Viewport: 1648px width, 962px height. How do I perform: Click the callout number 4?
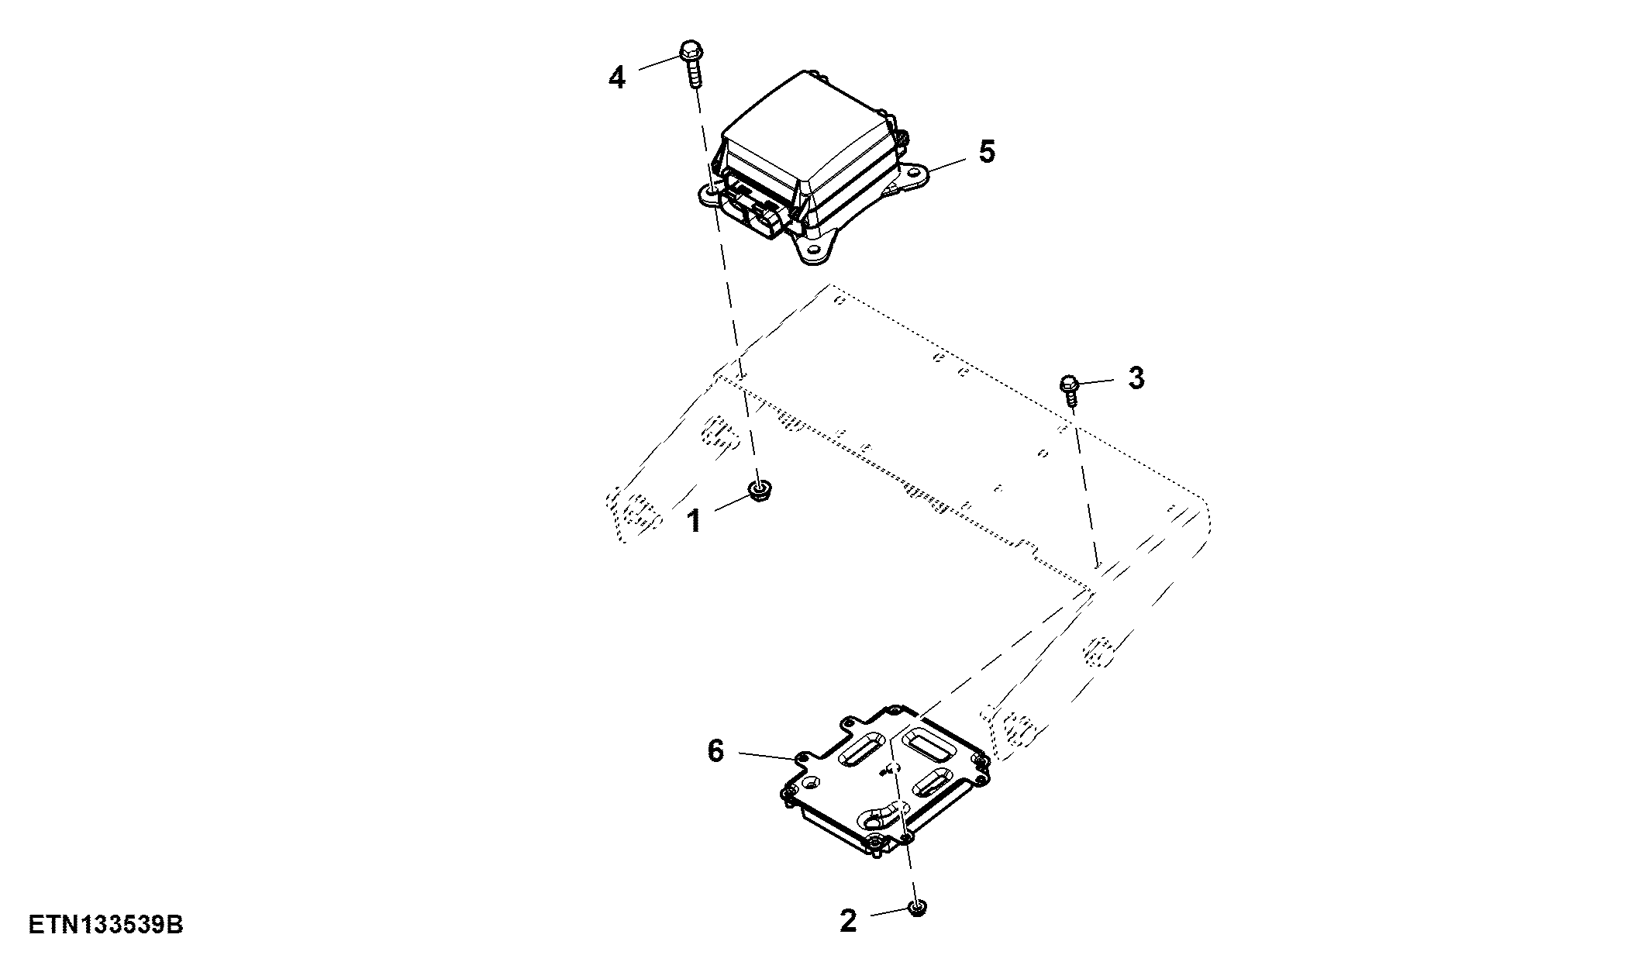[616, 78]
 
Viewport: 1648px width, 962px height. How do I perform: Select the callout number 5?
[986, 152]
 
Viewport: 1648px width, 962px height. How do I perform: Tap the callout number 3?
[1136, 379]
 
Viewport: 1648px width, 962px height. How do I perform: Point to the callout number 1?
[695, 522]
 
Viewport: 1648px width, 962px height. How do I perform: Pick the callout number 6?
[715, 750]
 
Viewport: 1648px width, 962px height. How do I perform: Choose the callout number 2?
[849, 921]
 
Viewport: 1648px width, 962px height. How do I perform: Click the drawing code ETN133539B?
[106, 925]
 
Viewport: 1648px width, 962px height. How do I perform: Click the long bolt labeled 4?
[691, 64]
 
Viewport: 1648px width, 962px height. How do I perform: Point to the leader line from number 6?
[768, 755]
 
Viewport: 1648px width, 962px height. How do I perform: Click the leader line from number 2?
[889, 912]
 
